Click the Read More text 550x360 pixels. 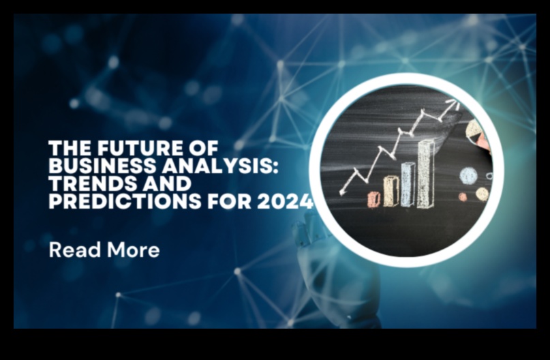point(104,250)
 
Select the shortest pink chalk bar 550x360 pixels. point(373,199)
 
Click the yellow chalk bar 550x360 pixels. point(391,191)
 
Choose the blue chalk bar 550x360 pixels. point(408,183)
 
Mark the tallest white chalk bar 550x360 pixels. point(426,173)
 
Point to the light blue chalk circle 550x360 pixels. point(468,175)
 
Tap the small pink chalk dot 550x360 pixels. point(463,196)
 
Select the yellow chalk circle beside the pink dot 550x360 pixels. point(482,194)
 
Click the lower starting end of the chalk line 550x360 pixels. point(341,193)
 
